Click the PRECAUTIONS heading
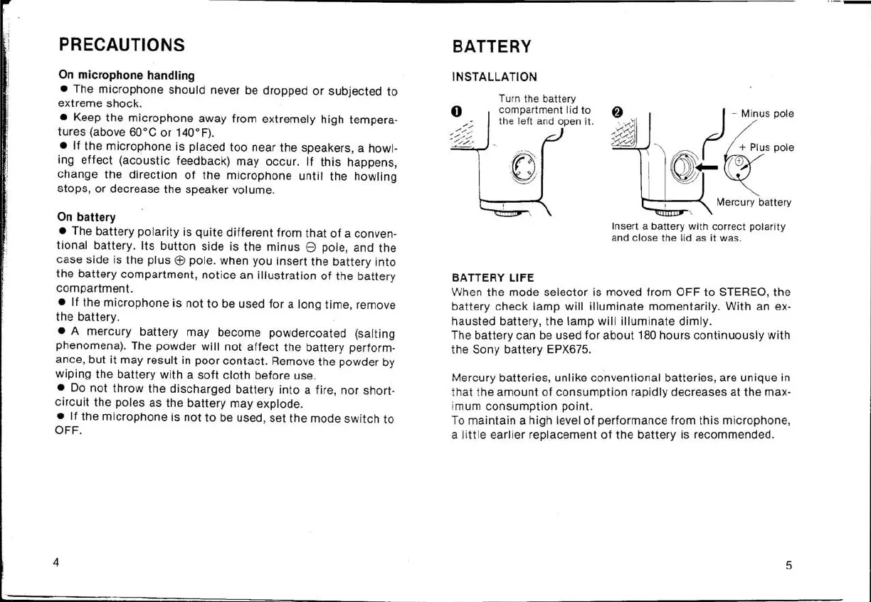tap(122, 45)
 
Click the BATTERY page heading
tap(492, 47)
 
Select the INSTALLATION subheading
tap(495, 77)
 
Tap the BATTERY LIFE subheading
tap(492, 278)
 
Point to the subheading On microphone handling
tap(127, 75)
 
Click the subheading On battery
tap(86, 216)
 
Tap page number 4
tap(56, 561)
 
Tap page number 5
tap(788, 566)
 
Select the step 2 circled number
tap(617, 113)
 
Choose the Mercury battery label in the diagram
tap(754, 202)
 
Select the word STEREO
tap(744, 292)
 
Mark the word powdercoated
tap(306, 333)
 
